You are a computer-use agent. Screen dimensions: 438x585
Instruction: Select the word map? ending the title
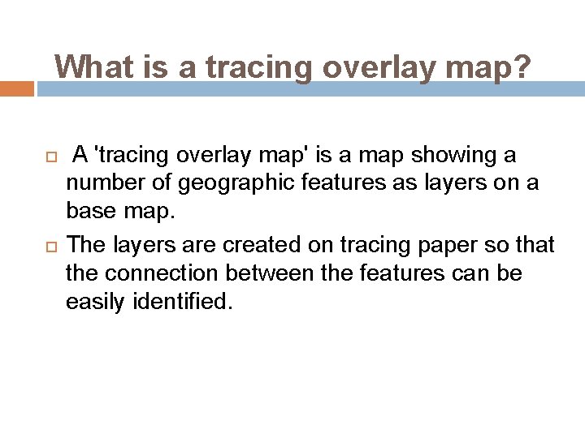point(490,67)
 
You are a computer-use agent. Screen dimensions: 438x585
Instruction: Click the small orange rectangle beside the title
point(17,88)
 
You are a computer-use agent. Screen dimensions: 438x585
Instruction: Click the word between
point(258,274)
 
